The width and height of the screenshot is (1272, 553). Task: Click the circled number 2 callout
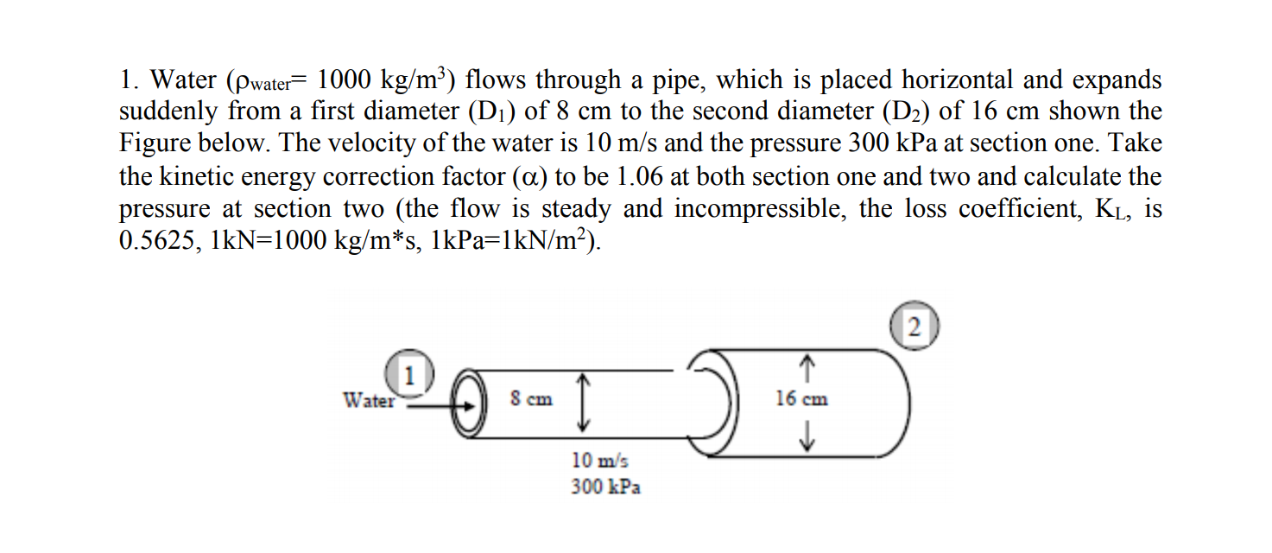click(916, 326)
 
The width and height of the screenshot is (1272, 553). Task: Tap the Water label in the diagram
click(369, 400)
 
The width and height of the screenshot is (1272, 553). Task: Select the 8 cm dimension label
click(531, 399)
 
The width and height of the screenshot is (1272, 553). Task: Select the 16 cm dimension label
click(801, 399)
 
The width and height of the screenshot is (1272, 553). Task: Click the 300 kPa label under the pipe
click(605, 487)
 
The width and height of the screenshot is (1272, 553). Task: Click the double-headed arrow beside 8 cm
click(583, 401)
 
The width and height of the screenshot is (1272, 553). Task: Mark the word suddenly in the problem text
click(169, 113)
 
